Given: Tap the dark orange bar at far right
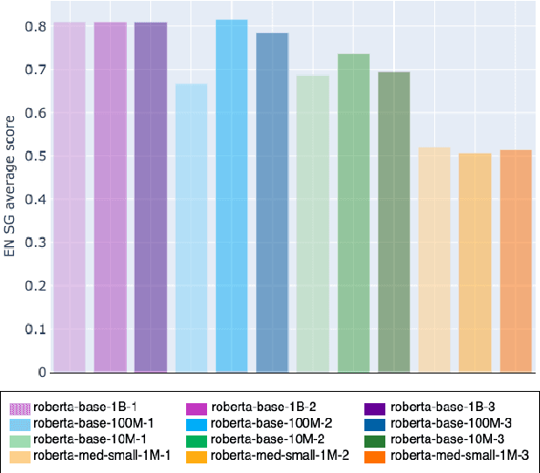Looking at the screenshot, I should [516, 262].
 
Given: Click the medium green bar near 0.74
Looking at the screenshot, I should [354, 214].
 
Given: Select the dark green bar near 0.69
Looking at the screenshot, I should [394, 223].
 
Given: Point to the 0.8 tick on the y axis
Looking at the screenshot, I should [35, 27].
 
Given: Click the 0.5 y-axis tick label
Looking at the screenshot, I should [35, 157].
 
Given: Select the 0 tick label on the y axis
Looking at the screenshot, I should [41, 373].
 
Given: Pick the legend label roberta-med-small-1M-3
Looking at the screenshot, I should [460, 455].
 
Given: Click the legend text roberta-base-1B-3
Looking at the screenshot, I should [443, 408].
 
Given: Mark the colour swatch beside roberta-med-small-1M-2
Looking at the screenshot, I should [197, 455].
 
